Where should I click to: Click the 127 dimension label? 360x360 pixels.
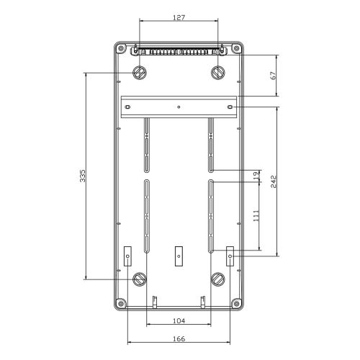coord(179,17)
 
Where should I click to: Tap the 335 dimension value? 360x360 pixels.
coord(82,176)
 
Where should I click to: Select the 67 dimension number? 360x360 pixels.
coord(274,76)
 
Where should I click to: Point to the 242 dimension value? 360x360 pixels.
coord(274,181)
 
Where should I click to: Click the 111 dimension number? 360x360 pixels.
coord(256,216)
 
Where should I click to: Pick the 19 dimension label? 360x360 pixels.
coord(256,176)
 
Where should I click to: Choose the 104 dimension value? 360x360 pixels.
coord(179,320)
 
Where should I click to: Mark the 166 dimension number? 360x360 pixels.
coord(179,338)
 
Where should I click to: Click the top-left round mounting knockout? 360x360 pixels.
coord(140,73)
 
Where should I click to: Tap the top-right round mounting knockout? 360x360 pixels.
coord(218,73)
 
